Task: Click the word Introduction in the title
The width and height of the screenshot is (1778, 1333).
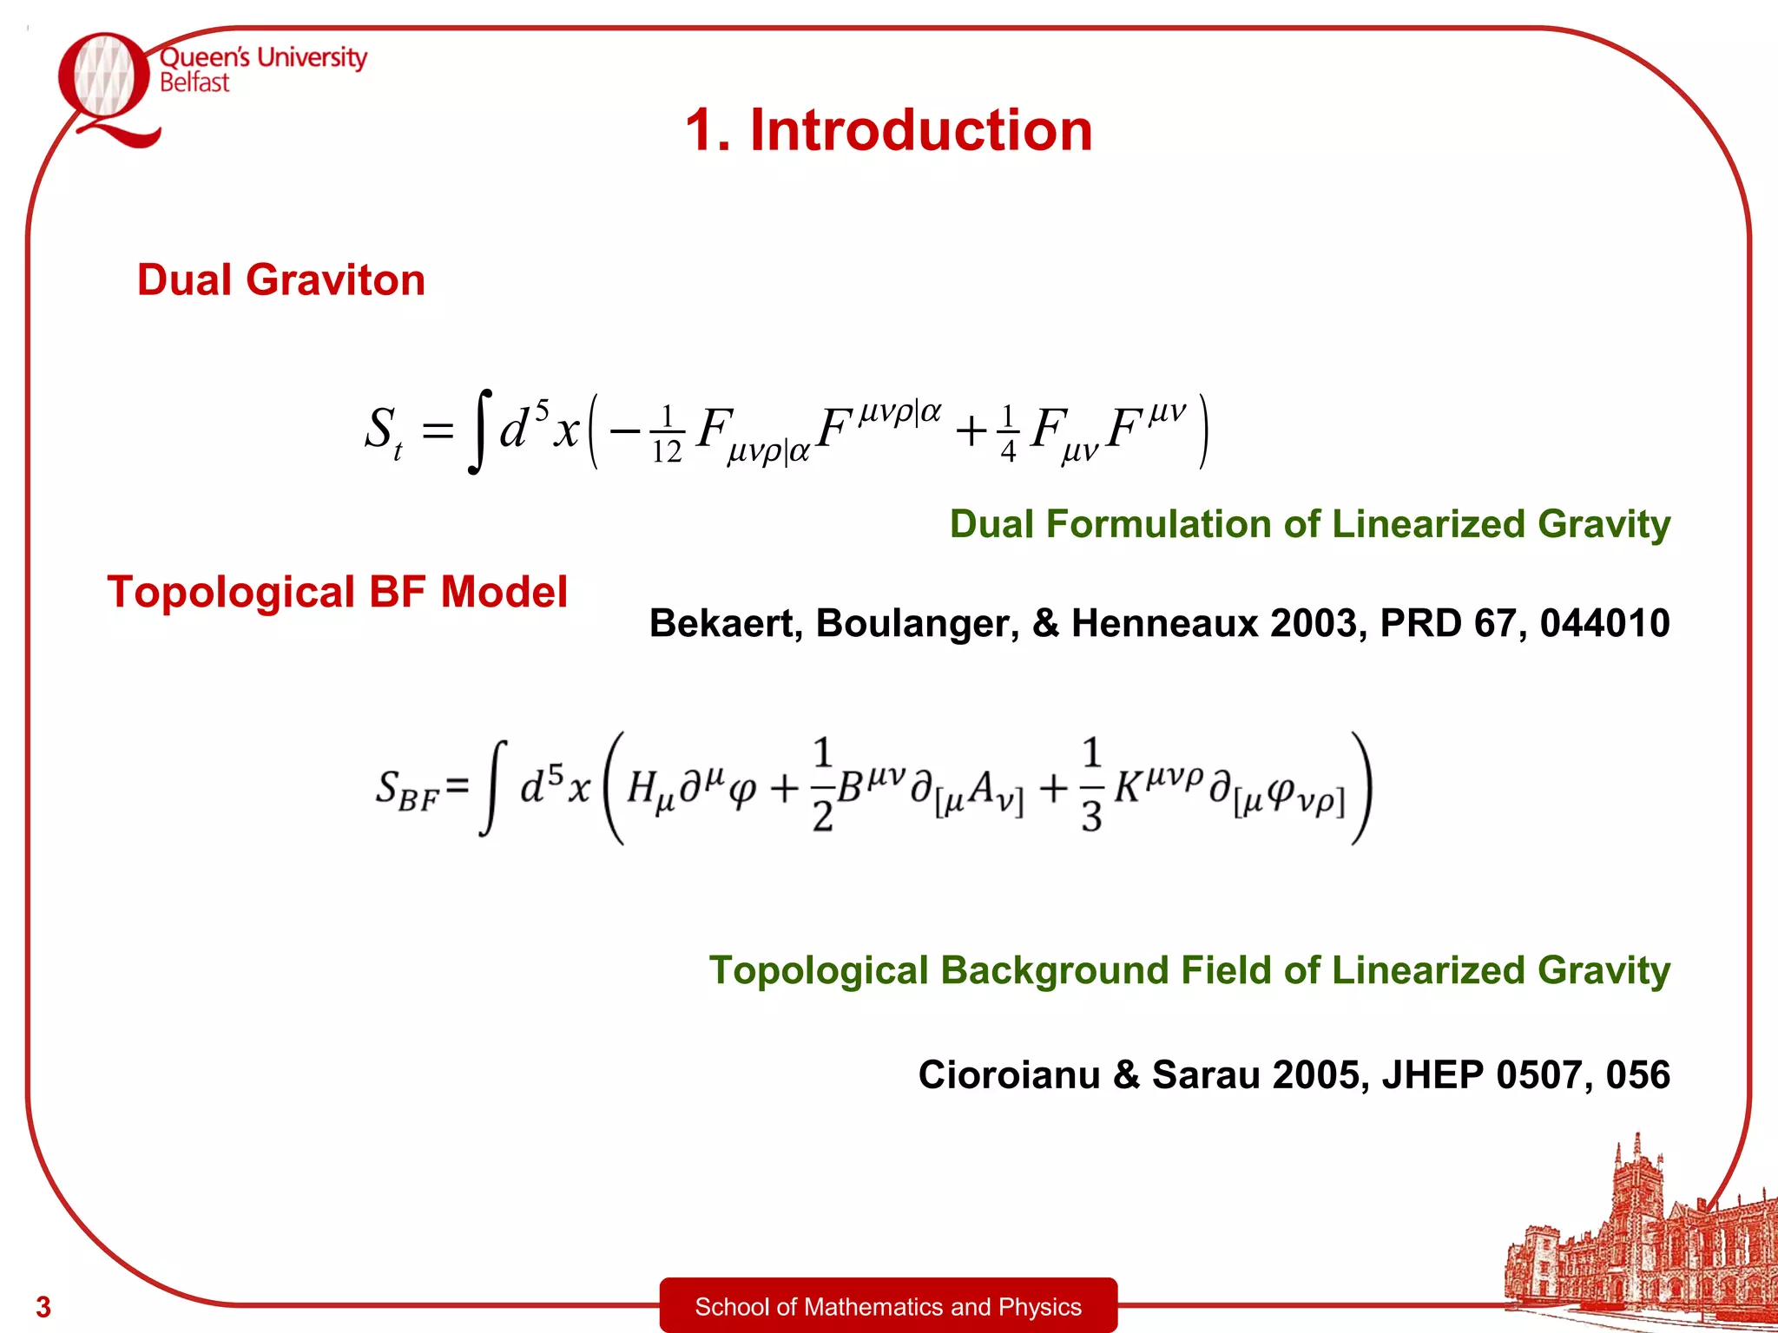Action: pos(920,130)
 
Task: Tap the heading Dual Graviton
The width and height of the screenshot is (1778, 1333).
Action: pos(281,280)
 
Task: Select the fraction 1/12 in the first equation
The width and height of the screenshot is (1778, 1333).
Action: pos(667,434)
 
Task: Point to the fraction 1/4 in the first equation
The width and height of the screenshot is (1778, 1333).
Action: pos(1008,434)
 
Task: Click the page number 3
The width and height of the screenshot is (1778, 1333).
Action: pos(43,1306)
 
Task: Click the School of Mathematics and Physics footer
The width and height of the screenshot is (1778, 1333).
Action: pos(888,1306)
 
